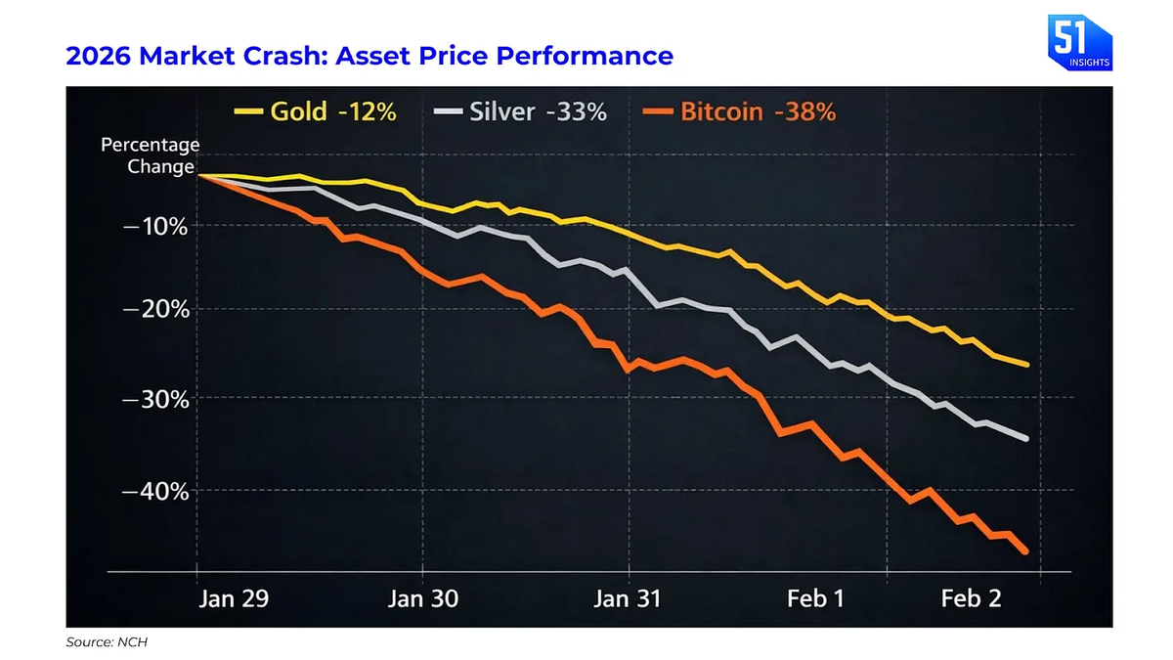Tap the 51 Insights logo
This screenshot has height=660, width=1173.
point(1078,42)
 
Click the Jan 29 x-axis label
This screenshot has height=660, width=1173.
point(231,599)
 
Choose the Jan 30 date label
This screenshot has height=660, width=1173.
point(422,599)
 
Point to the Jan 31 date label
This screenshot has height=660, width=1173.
point(627,599)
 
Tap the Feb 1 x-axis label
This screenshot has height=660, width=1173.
point(815,599)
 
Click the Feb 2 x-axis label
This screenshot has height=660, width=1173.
point(972,599)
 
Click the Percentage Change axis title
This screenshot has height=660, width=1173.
point(150,155)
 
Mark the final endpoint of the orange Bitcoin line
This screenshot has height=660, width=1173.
point(1025,552)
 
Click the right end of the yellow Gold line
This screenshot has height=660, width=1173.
point(1025,365)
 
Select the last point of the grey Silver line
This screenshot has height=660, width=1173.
point(1025,439)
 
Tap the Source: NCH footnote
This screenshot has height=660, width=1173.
point(105,642)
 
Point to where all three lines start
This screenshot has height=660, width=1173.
point(199,175)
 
